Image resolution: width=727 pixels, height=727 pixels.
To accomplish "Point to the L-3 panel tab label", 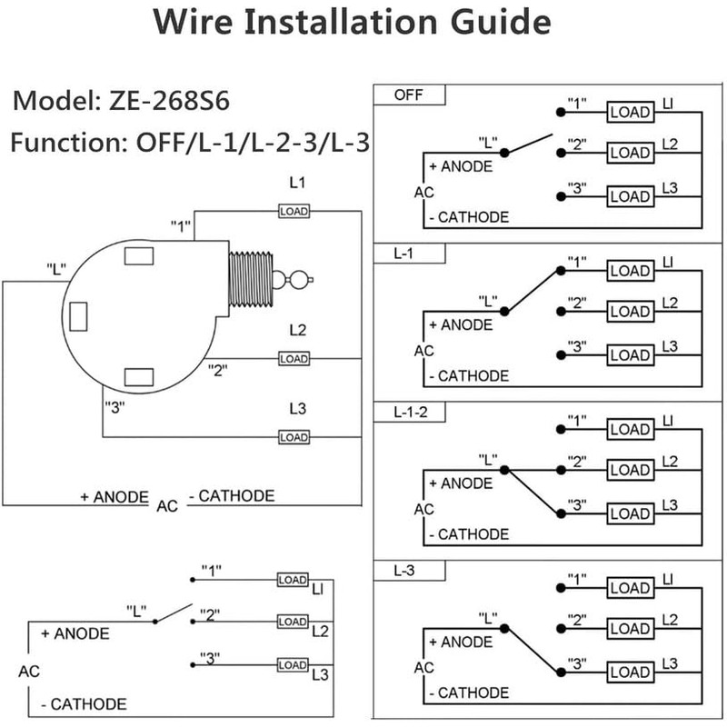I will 405,572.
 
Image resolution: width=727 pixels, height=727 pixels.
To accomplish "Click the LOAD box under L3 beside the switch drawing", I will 294,437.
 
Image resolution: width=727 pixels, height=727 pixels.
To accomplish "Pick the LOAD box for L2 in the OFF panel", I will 630,151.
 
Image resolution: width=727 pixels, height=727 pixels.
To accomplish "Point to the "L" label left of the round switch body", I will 57,270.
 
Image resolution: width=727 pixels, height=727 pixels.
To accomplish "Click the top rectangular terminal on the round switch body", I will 138,257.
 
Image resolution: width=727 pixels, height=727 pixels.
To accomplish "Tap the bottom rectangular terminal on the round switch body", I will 138,376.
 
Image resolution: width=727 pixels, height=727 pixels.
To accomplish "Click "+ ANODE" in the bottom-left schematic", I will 75,633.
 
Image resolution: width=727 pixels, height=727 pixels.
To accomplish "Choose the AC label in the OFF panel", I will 423,193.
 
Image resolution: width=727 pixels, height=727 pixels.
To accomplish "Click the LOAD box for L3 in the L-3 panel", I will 630,672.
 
